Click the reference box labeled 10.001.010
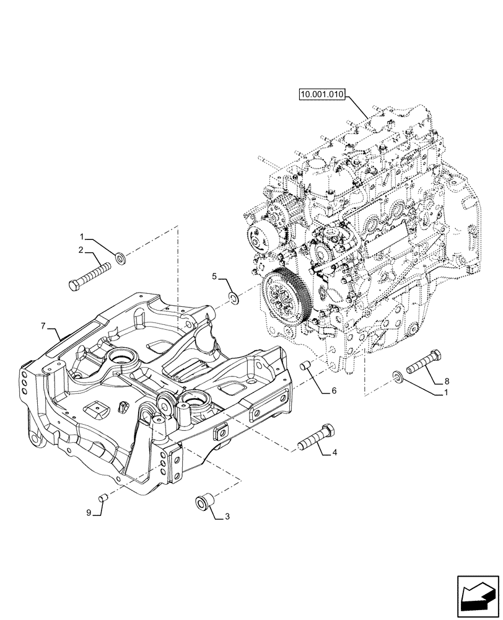coord(322,95)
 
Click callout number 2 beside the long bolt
coord(81,250)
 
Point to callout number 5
coord(215,277)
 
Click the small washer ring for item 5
coord(234,299)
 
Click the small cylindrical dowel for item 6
coord(305,367)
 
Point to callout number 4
coord(334,453)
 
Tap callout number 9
coord(89,512)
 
